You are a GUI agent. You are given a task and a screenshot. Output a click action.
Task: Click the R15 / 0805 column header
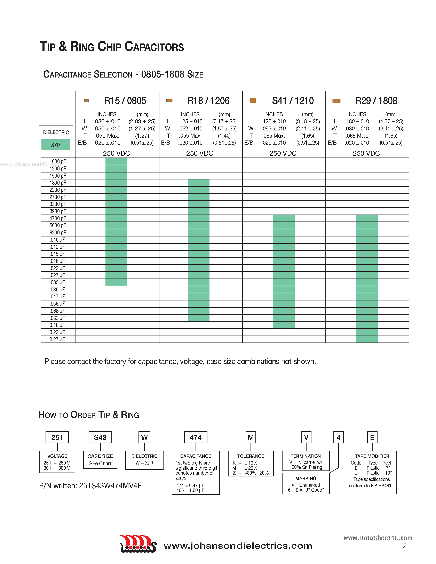125,101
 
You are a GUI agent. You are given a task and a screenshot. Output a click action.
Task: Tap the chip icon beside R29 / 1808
336,101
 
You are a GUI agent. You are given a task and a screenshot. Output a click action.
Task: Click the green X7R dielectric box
56,145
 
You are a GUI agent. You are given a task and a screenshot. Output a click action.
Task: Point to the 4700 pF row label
58,218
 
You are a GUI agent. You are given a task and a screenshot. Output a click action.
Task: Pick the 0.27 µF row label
57,339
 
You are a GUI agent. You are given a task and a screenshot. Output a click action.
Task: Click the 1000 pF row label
58,161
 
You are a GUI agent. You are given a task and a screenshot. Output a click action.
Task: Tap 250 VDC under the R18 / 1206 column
200,153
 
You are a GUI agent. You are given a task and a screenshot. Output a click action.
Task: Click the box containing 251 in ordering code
57,437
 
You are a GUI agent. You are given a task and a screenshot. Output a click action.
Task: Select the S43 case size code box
100,437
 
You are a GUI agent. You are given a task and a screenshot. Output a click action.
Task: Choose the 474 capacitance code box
196,437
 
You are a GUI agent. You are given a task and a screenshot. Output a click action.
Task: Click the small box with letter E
372,437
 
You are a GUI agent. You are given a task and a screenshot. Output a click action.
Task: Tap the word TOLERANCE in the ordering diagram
251,456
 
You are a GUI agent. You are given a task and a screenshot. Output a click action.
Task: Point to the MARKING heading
306,478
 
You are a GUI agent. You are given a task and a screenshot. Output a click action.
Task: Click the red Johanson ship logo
138,544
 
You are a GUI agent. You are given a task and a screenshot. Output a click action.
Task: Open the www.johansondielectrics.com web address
238,546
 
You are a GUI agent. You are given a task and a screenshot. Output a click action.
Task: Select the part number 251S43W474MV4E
110,486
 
